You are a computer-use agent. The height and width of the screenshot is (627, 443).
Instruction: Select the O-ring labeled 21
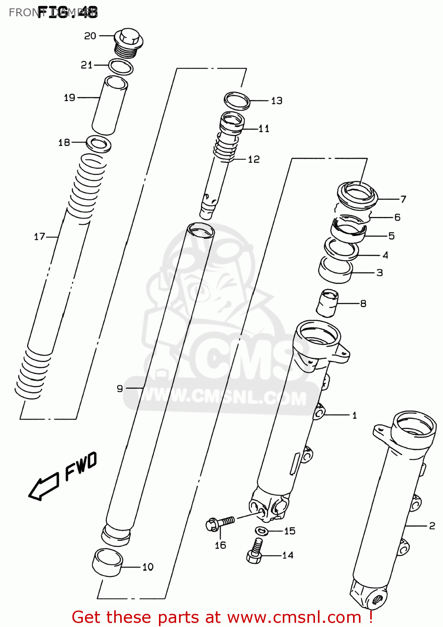[x=121, y=66]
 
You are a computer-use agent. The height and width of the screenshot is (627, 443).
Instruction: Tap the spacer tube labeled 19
[x=110, y=105]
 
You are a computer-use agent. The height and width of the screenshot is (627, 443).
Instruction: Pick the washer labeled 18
[x=99, y=144]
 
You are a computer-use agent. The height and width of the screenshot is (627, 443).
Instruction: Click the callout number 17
[x=39, y=237]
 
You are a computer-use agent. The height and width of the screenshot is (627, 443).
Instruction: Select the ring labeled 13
[x=237, y=100]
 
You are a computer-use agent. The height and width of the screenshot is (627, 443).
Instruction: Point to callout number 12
[x=254, y=159]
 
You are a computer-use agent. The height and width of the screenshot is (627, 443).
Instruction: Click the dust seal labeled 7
[x=357, y=194]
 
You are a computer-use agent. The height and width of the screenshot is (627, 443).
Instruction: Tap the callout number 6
[x=397, y=217]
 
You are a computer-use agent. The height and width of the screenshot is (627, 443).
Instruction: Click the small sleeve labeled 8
[x=327, y=303]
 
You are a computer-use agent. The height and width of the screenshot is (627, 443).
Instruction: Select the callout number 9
[x=120, y=388]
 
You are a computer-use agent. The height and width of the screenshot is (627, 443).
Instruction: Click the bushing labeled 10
[x=108, y=563]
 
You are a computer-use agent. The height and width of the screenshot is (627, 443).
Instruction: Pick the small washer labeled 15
[x=262, y=531]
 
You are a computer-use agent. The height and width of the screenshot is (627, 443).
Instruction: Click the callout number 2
[x=432, y=525]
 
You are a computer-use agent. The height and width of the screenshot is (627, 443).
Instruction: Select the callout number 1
[x=354, y=415]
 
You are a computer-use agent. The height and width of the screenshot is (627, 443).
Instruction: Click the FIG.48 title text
[x=67, y=12]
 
